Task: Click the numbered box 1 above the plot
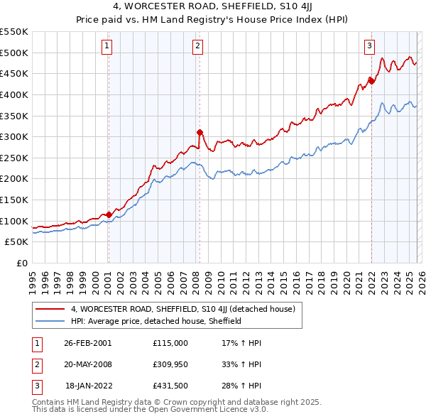tap(106, 47)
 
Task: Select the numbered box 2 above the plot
tap(197, 47)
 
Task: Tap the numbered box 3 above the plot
tap(369, 47)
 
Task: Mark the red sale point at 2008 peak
tap(200, 131)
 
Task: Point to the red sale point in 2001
tap(109, 214)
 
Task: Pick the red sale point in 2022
tap(371, 80)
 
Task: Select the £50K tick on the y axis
tap(17, 242)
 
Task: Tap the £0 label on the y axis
tap(22, 263)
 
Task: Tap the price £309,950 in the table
tap(170, 364)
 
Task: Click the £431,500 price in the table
tap(170, 386)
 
